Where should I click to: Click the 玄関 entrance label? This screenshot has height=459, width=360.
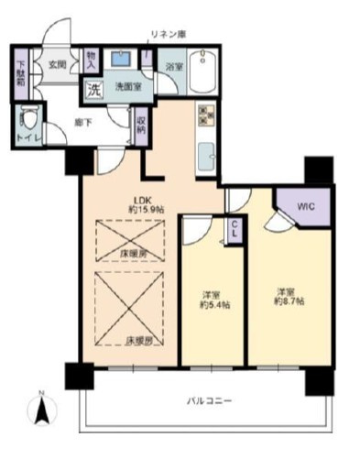click(58, 66)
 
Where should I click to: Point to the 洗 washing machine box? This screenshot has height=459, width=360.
click(93, 89)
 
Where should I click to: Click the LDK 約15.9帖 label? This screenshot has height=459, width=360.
click(146, 206)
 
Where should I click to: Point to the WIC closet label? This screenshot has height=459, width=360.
click(304, 206)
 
